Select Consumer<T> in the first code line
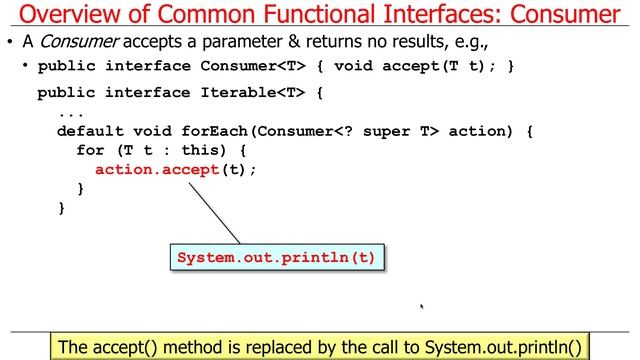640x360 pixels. [x=246, y=67]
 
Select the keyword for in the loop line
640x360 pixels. [x=91, y=150]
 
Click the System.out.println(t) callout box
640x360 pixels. [x=276, y=257]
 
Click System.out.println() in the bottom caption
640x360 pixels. [x=502, y=347]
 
